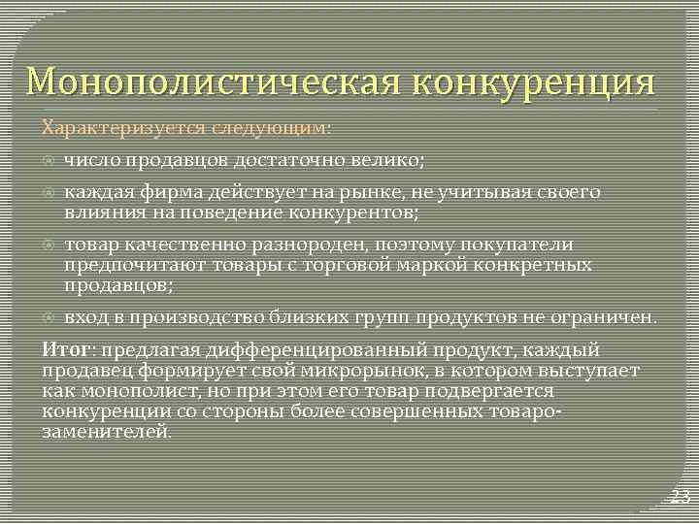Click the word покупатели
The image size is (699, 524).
pyautogui.click(x=523, y=245)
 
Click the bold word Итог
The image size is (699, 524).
pyautogui.click(x=66, y=350)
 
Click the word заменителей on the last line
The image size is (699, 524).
pyautogui.click(x=106, y=431)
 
